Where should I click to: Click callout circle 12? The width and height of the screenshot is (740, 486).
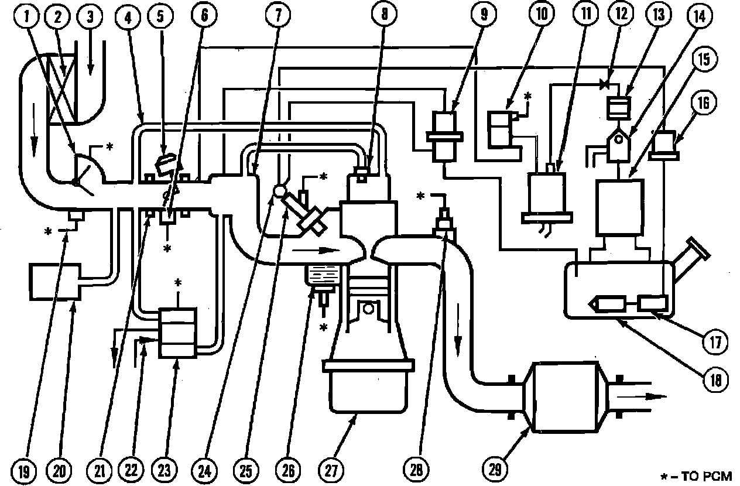pyautogui.click(x=622, y=16)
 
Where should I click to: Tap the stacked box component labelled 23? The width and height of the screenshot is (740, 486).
pyautogui.click(x=179, y=332)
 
